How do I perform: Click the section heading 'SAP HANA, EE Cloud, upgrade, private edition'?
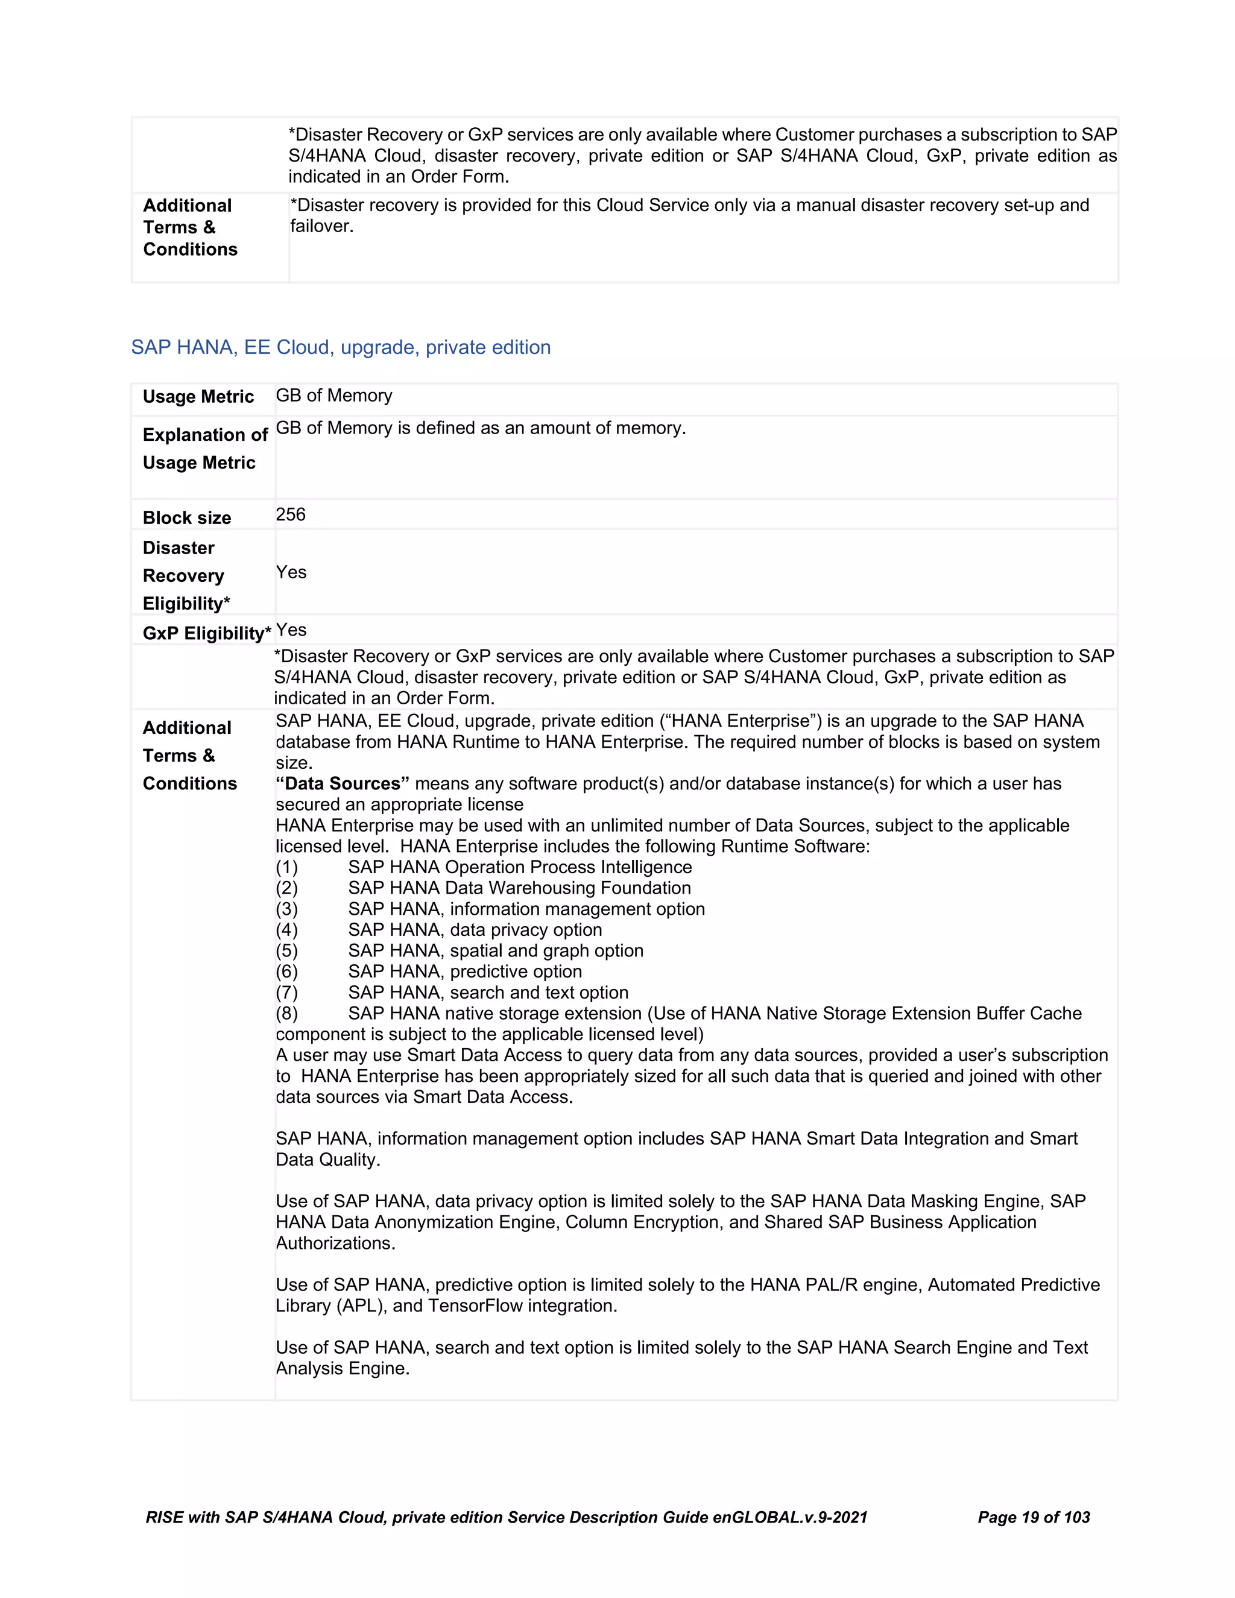point(341,347)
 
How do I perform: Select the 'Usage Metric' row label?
point(198,397)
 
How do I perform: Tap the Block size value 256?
point(291,514)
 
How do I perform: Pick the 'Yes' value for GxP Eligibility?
point(291,630)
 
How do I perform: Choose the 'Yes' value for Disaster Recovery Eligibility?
point(291,572)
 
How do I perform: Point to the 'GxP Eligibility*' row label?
point(206,633)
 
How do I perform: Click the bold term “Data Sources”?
point(343,784)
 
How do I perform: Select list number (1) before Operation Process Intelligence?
point(287,867)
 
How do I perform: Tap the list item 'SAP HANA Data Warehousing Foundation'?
point(519,888)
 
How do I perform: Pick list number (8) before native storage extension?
point(287,1014)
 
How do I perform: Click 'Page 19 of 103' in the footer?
point(1033,1518)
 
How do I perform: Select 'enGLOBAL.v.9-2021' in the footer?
point(789,1518)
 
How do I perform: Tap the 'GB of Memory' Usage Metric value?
point(333,396)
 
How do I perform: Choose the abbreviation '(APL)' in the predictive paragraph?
point(361,1306)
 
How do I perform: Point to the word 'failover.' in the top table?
point(322,226)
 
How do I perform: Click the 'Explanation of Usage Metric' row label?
point(205,449)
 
